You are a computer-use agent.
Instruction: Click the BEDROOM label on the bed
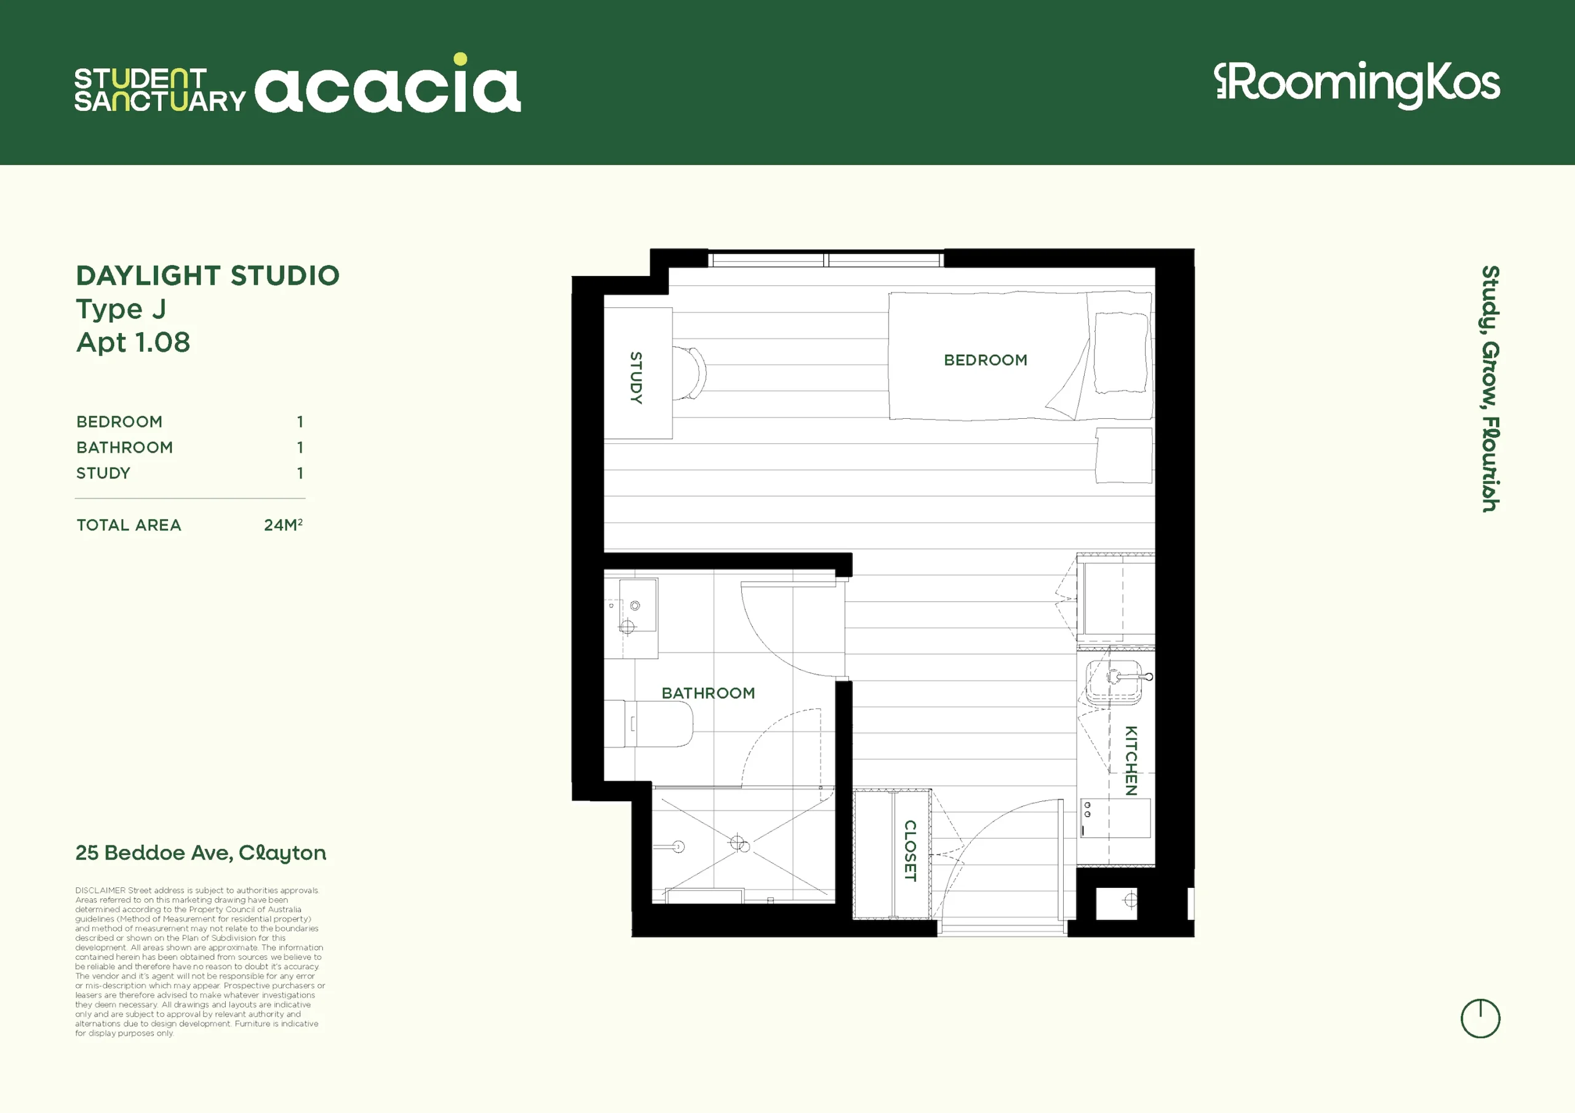985,360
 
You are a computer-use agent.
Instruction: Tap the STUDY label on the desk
636,378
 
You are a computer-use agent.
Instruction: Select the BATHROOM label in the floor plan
708,693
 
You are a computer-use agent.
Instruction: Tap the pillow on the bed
1120,352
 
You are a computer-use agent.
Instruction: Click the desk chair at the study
690,373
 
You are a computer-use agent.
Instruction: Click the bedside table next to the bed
1123,456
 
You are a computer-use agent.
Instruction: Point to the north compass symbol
1480,1018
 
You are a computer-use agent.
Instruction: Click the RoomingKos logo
1356,84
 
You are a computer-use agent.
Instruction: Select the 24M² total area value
283,525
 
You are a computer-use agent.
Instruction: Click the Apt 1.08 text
133,342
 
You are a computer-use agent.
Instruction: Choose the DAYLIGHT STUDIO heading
208,275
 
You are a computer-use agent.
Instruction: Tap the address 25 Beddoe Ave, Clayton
201,852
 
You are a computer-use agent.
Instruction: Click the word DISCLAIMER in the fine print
100,891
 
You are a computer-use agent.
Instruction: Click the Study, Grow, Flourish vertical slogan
1490,389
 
